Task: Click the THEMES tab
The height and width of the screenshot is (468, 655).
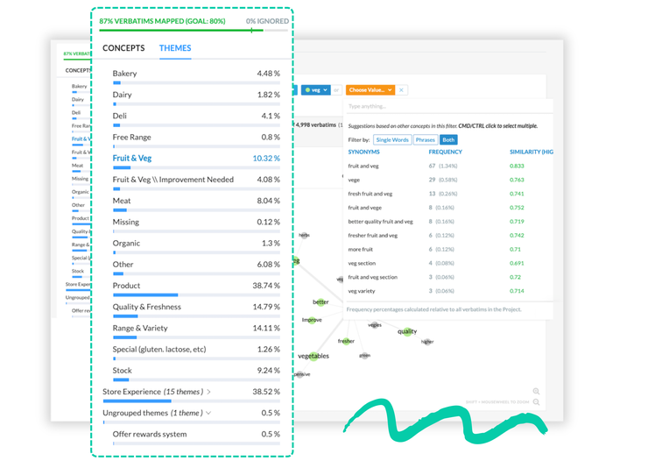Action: tap(175, 48)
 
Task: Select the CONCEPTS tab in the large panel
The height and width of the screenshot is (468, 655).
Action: tap(123, 48)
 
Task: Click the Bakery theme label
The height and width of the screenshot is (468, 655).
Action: tap(124, 74)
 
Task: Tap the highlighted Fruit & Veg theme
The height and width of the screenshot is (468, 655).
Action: tap(131, 159)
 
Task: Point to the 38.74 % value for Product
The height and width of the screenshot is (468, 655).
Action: tap(265, 286)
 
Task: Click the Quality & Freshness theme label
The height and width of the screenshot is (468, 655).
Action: tap(146, 307)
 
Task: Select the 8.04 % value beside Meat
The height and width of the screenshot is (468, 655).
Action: tap(267, 201)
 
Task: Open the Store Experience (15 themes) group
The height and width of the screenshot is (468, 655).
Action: tap(157, 392)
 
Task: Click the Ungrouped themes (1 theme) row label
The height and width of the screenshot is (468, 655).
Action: tap(152, 413)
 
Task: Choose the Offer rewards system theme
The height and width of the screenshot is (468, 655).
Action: tap(150, 434)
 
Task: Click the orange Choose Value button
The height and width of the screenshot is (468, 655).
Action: tap(370, 90)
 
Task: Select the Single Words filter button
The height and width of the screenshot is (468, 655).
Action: tap(392, 139)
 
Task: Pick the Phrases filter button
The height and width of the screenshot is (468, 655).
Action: tap(425, 139)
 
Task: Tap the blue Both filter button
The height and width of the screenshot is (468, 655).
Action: tap(447, 139)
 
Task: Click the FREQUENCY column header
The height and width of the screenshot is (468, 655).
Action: tap(445, 152)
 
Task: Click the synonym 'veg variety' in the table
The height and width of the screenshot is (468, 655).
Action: tap(363, 291)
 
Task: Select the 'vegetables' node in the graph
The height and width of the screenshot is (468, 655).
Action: tap(313, 356)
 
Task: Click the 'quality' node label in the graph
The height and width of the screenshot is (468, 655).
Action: tap(407, 331)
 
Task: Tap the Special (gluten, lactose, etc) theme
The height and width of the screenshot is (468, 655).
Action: tap(158, 350)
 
